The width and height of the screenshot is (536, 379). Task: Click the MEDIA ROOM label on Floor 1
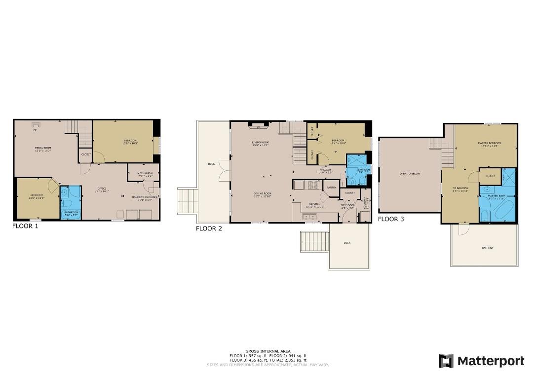(43, 148)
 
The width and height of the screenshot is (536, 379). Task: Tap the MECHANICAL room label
(145, 173)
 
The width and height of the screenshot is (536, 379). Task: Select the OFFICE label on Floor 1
(102, 189)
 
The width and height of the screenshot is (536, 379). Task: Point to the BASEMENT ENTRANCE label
(145, 197)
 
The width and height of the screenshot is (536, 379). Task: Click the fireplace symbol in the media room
(36, 125)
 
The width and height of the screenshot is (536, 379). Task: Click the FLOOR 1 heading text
(25, 226)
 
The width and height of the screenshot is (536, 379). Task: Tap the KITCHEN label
(316, 203)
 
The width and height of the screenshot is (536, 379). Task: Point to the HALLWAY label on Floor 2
(326, 170)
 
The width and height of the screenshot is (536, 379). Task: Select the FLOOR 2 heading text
(209, 228)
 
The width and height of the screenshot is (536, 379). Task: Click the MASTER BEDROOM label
(489, 143)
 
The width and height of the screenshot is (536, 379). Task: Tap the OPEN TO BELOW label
(410, 174)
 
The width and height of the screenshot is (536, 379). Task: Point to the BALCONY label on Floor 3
(487, 248)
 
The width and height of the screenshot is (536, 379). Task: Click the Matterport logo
(481, 361)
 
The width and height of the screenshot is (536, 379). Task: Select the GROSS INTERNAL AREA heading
(268, 351)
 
